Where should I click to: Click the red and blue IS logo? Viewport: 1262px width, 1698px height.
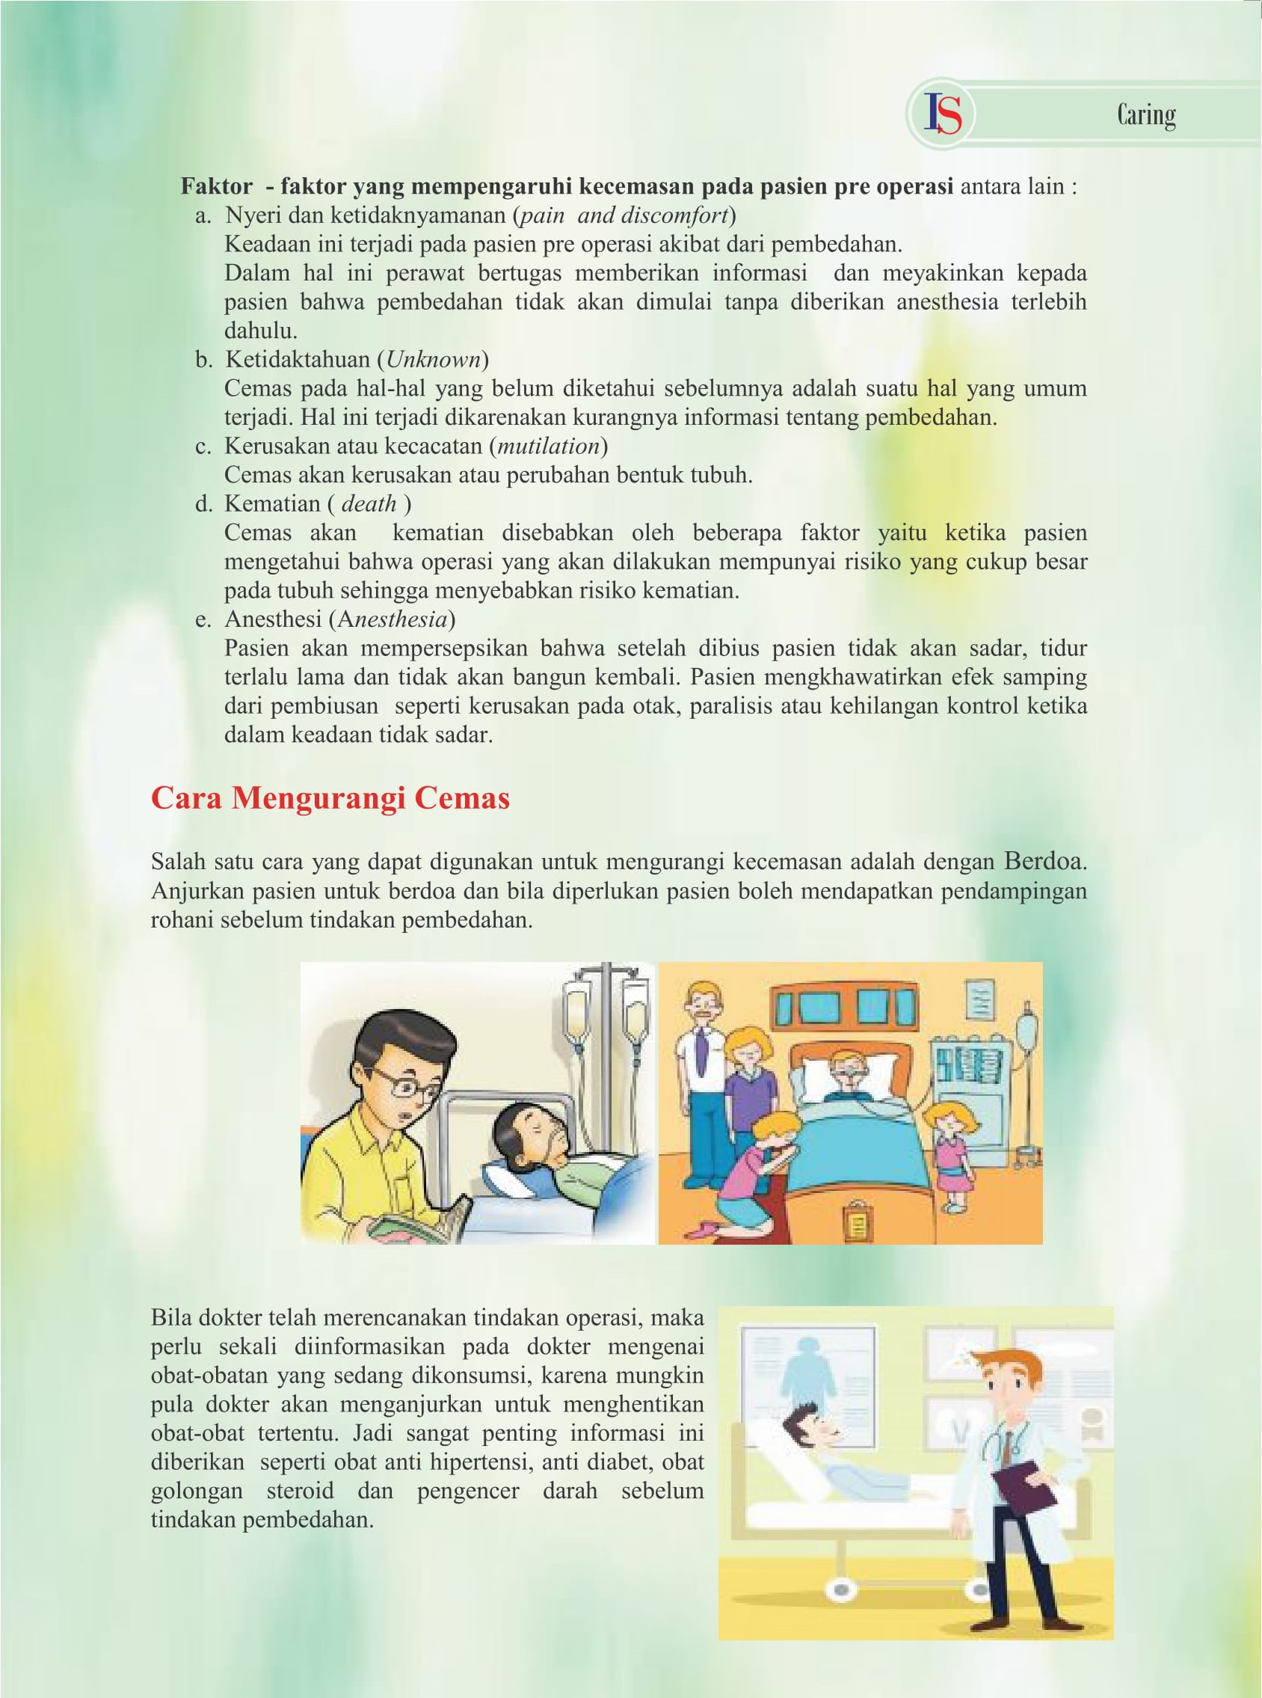coord(943,114)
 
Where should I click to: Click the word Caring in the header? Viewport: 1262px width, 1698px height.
coord(1146,115)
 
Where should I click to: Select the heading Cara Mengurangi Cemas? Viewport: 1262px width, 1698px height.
coord(330,798)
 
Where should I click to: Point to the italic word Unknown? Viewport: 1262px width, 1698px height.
coord(433,359)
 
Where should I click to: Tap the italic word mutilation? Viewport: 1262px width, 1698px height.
coord(549,446)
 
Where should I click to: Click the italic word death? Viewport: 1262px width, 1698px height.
coord(369,503)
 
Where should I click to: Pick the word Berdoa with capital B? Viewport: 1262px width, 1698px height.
coord(1044,861)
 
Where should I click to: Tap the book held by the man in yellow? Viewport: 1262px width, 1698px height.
coord(416,1219)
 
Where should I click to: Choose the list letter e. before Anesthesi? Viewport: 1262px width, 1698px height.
coord(203,619)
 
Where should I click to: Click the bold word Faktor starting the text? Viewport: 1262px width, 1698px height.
coord(216,186)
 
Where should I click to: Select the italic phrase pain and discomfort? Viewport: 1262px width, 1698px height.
coord(624,215)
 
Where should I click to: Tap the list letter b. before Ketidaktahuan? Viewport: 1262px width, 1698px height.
coord(203,359)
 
